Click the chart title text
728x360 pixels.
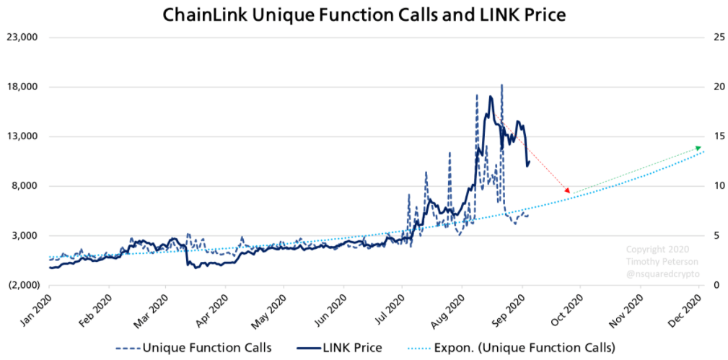[x=364, y=14]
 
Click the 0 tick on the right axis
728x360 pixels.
[x=713, y=285]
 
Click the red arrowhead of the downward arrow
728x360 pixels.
[x=568, y=191]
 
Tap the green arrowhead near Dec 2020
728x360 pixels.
[x=698, y=147]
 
